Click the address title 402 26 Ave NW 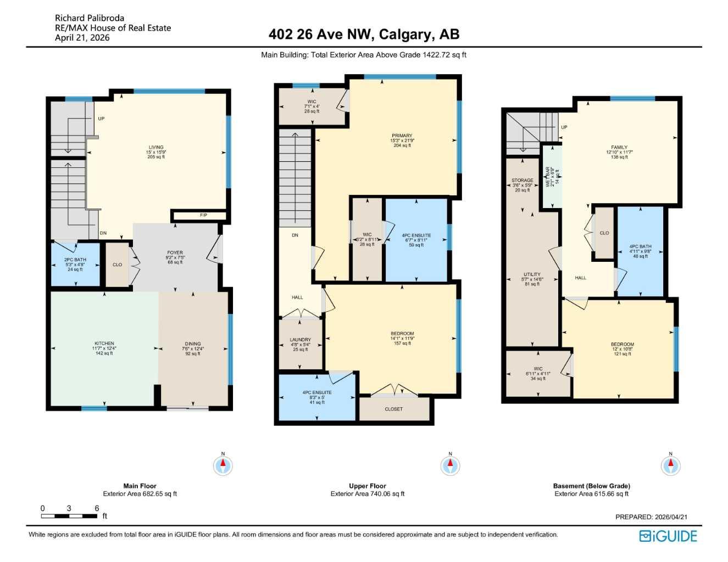point(364,34)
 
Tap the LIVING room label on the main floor point(156,148)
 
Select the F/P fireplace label point(203,215)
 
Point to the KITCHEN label point(104,344)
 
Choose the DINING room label point(193,344)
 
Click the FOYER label point(175,253)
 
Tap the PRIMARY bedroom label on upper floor point(402,136)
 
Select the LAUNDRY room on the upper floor point(301,340)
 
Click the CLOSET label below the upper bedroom point(394,409)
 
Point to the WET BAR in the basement point(552,177)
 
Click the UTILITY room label point(532,274)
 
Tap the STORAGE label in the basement point(523,180)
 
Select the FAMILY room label point(619,147)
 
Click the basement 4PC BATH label point(640,247)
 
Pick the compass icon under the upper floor point(451,466)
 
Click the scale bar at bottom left point(69,516)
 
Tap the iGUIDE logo point(668,536)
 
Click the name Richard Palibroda point(90,18)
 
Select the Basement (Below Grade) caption point(592,486)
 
